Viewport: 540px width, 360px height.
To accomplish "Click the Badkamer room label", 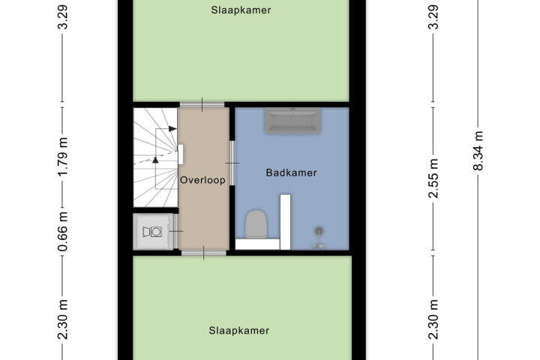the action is point(291,172).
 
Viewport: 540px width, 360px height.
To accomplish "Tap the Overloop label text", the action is point(202,180).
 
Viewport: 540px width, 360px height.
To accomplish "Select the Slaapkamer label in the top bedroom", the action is point(241,10).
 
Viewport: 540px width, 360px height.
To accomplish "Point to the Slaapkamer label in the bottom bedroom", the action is point(239,331).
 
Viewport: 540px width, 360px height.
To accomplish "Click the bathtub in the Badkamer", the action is point(292,121).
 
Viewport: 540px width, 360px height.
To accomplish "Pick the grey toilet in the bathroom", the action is point(256,224).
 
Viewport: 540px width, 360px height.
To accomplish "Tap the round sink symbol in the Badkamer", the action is point(319,230).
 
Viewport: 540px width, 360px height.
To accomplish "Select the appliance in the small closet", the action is point(152,232).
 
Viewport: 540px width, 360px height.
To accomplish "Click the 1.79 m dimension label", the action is point(63,157).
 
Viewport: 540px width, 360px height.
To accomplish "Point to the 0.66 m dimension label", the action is point(63,231).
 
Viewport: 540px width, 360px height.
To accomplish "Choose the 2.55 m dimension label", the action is point(434,178).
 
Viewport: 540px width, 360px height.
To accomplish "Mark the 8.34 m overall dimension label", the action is point(478,151).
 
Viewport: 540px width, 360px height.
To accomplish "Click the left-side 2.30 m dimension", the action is point(63,319).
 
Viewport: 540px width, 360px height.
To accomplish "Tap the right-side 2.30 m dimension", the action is point(434,319).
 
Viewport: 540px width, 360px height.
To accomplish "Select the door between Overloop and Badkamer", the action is point(232,163).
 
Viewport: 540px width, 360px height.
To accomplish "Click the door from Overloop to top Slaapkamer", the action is point(202,105).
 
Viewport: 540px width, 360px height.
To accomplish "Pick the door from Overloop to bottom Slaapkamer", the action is point(203,253).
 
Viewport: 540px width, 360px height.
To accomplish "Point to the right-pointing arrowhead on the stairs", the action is point(173,129).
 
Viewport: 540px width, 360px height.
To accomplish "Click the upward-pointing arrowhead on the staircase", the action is point(155,160).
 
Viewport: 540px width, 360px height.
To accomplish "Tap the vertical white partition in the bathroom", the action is point(285,222).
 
